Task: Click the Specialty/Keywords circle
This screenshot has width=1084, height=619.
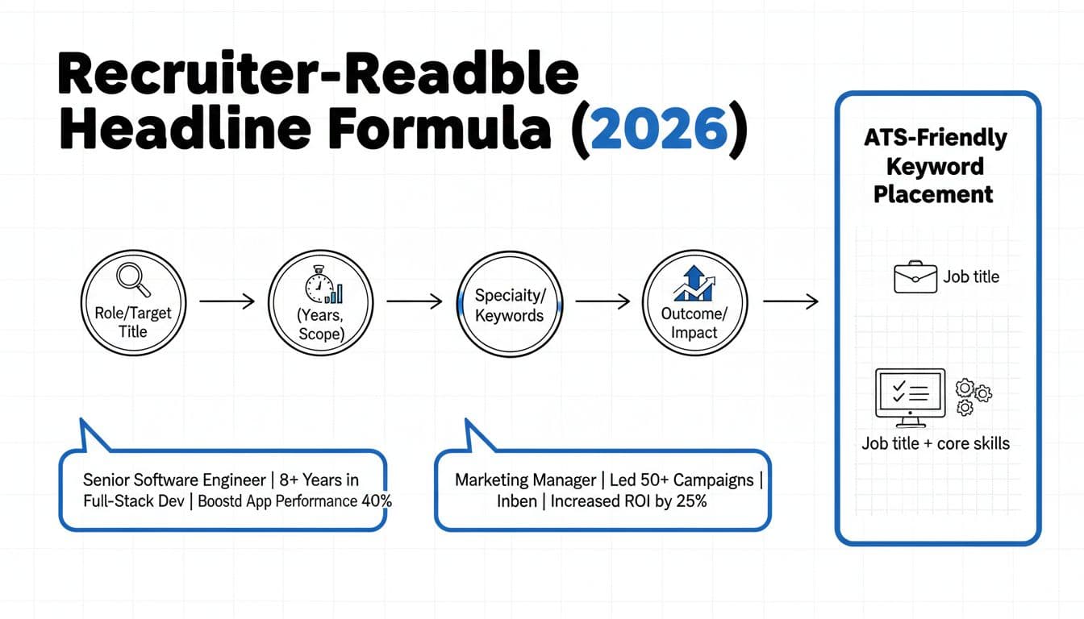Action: tap(509, 304)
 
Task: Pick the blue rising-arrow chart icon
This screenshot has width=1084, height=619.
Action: tap(694, 283)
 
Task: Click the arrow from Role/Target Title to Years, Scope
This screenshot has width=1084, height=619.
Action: tap(227, 301)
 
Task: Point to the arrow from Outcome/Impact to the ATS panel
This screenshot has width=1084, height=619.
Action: tap(790, 301)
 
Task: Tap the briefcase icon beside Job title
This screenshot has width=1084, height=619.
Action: tap(915, 277)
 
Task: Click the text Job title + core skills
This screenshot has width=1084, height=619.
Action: tap(936, 443)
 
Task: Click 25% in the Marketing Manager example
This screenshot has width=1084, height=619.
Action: tap(692, 501)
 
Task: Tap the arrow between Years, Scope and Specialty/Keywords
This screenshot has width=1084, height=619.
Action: tap(415, 301)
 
